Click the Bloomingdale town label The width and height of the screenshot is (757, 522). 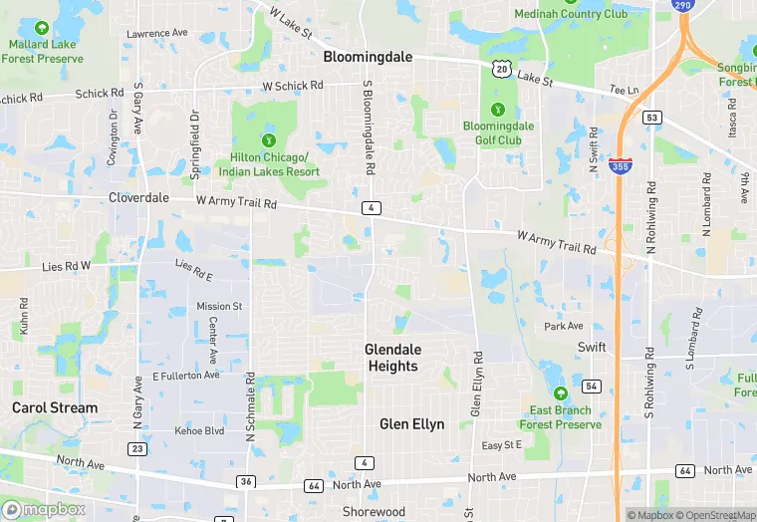click(x=368, y=58)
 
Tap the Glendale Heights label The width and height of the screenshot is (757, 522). click(x=392, y=358)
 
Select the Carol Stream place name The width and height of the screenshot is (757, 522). click(x=55, y=407)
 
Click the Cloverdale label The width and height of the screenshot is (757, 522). click(x=140, y=197)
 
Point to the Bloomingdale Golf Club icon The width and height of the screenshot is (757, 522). click(x=498, y=109)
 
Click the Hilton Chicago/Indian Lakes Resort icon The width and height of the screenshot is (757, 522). click(x=268, y=139)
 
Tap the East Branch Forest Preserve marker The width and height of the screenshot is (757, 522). click(x=560, y=392)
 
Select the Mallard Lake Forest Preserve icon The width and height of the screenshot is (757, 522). click(x=41, y=27)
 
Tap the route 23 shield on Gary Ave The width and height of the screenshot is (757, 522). click(x=137, y=449)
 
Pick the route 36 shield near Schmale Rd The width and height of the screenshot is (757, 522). click(x=244, y=482)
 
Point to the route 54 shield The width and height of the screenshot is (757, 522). click(x=592, y=386)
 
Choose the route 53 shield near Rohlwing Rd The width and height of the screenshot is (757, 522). click(x=652, y=118)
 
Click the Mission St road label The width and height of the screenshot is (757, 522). click(x=219, y=306)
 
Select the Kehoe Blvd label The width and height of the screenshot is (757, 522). click(x=200, y=430)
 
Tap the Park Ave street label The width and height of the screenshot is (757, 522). click(x=564, y=326)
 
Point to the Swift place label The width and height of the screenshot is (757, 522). click(x=591, y=347)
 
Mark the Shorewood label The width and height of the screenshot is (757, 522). click(x=374, y=512)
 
